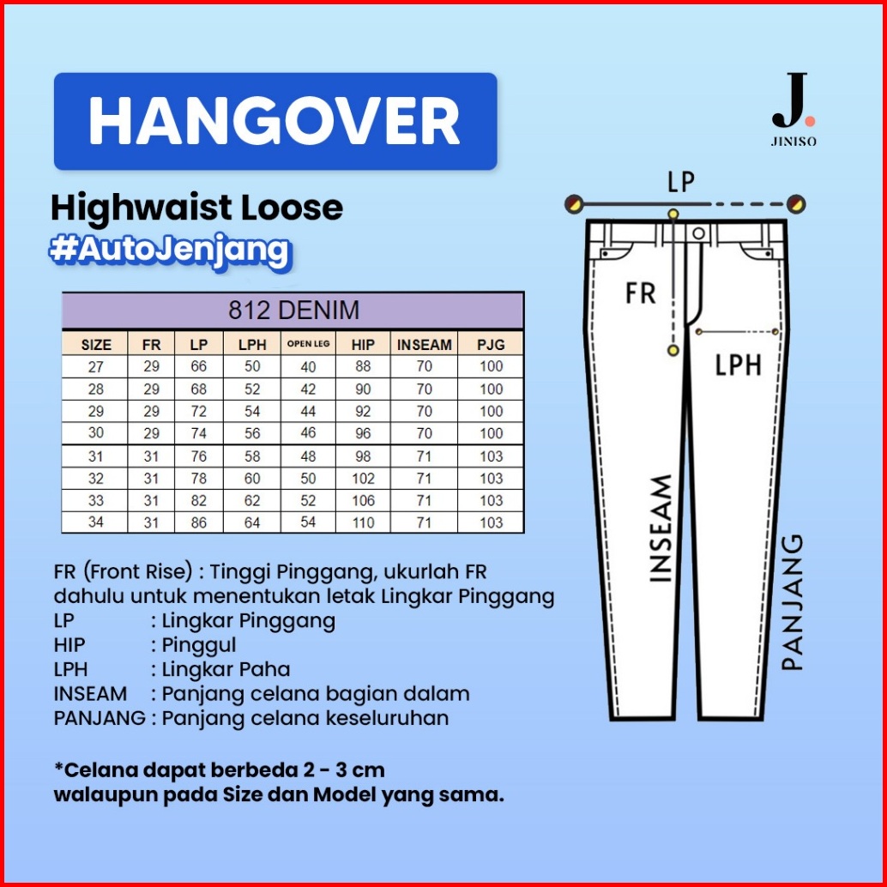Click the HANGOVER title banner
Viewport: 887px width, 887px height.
pyautogui.click(x=275, y=121)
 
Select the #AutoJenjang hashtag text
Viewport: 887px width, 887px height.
pyautogui.click(x=169, y=249)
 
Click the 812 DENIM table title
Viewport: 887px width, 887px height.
pyautogui.click(x=293, y=310)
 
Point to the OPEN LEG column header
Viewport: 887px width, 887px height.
pyautogui.click(x=309, y=344)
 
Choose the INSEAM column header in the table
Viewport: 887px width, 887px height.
pyautogui.click(x=424, y=345)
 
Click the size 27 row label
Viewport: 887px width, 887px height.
pyautogui.click(x=95, y=367)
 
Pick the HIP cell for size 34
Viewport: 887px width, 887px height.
pyautogui.click(x=363, y=522)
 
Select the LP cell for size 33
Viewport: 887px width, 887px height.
pyautogui.click(x=198, y=500)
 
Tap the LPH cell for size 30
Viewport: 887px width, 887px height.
pyautogui.click(x=252, y=434)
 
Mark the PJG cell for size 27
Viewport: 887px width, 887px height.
pyautogui.click(x=492, y=367)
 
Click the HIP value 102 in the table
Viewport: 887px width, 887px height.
pyautogui.click(x=363, y=479)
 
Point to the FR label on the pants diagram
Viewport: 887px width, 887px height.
pyautogui.click(x=640, y=293)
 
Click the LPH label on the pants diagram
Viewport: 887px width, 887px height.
pyautogui.click(x=738, y=366)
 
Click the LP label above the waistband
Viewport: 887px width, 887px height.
pyautogui.click(x=681, y=182)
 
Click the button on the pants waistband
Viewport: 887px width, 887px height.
pyautogui.click(x=699, y=233)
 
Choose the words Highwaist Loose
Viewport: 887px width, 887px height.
pyautogui.click(x=196, y=208)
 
